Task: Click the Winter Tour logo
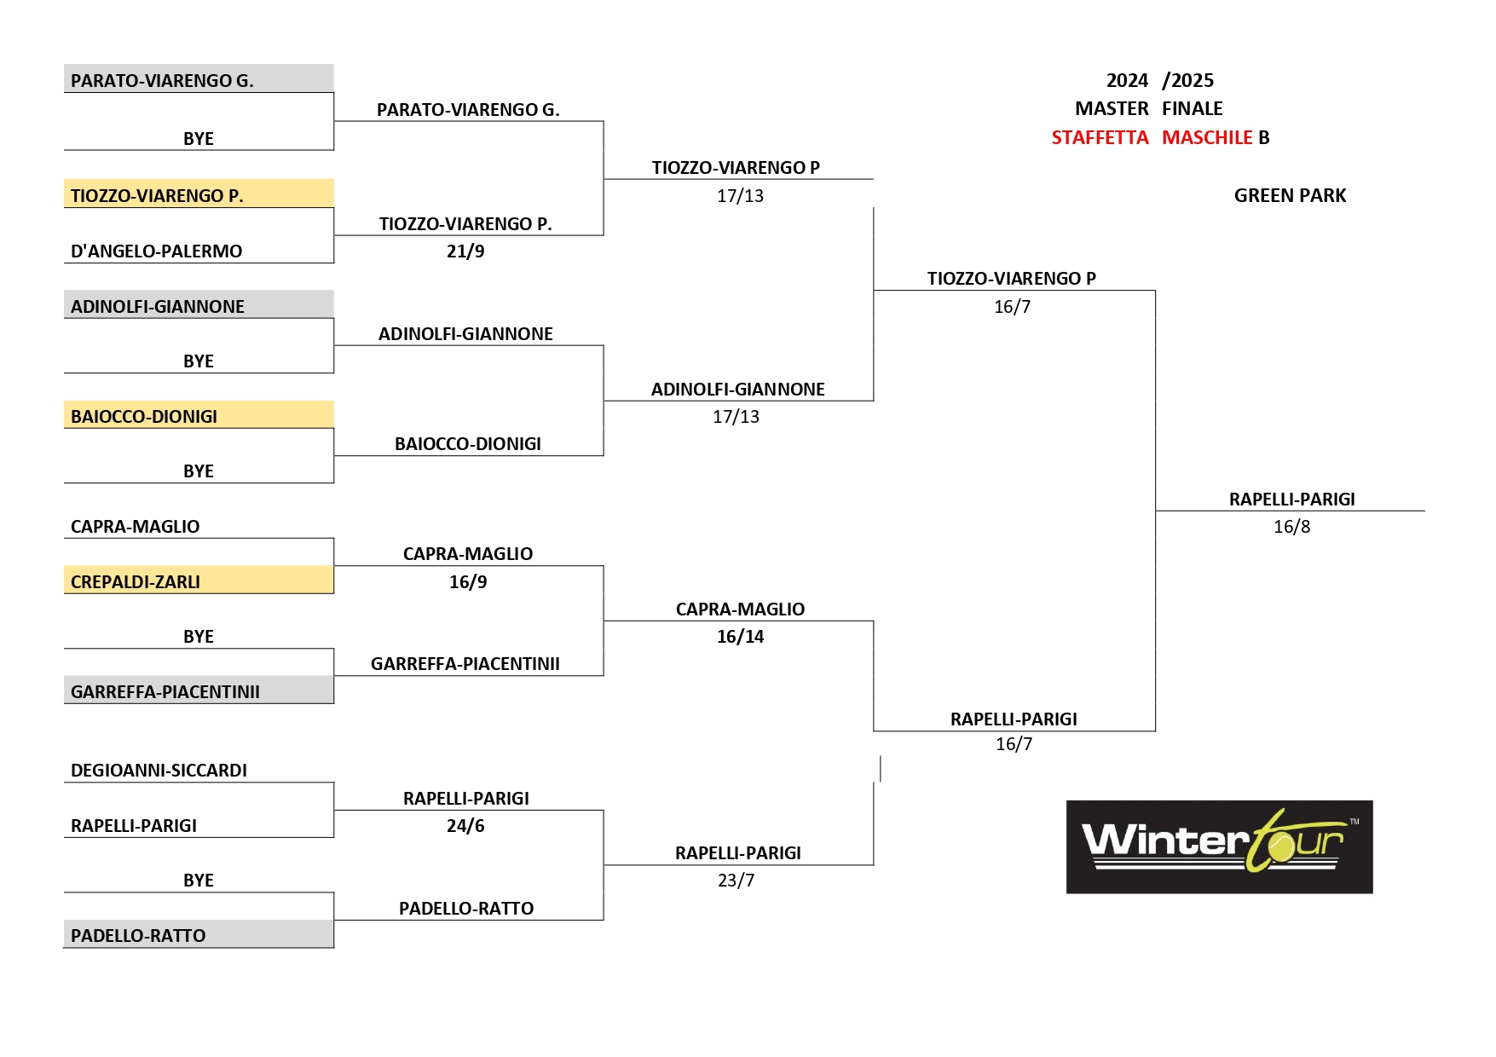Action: [1219, 846]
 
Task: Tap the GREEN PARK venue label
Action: [1290, 195]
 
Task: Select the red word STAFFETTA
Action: [1100, 137]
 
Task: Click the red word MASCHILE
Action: [1207, 137]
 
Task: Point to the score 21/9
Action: [465, 251]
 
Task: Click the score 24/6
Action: [465, 826]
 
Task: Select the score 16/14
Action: [740, 637]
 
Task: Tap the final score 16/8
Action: [1291, 527]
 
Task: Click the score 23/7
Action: [736, 881]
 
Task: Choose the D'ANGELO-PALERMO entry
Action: [157, 251]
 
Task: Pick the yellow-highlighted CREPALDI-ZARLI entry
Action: [136, 582]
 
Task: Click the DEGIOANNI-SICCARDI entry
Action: [159, 771]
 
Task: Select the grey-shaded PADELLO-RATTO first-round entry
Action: [138, 936]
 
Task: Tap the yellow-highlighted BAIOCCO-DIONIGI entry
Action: [144, 417]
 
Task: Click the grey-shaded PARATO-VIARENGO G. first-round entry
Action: [162, 81]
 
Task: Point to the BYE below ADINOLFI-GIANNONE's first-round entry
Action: [199, 361]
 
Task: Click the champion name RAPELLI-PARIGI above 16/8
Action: [1291, 500]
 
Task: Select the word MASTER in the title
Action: [1112, 108]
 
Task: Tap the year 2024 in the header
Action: [1127, 80]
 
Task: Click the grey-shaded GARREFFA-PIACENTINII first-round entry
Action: [165, 692]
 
